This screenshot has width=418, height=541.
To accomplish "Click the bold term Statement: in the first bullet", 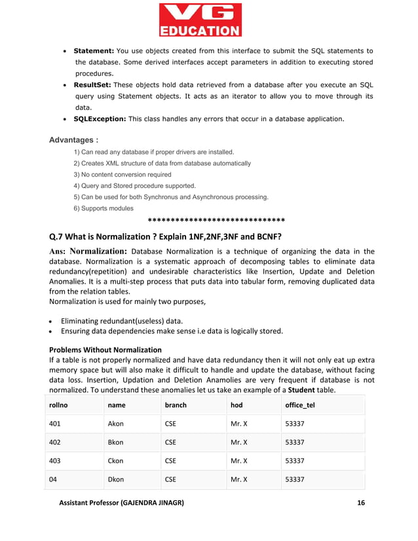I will (94, 50).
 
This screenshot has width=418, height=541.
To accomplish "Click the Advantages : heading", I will (74, 140).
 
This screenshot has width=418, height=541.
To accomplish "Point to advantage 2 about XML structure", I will (162, 163).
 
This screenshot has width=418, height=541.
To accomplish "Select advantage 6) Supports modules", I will (103, 208).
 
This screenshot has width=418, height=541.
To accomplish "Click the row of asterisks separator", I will (216, 220).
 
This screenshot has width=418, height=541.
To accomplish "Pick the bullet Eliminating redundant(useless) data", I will (121, 320).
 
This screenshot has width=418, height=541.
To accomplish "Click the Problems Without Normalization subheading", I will (105, 350).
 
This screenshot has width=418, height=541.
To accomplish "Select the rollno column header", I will (60, 405).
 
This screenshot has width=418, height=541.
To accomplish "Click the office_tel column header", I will (300, 405).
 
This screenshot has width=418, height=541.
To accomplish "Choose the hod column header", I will (237, 405).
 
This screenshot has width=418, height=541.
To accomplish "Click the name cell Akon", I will (115, 424).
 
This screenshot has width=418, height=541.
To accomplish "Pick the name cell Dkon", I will (115, 479).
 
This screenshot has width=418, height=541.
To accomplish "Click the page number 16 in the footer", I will (361, 503).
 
